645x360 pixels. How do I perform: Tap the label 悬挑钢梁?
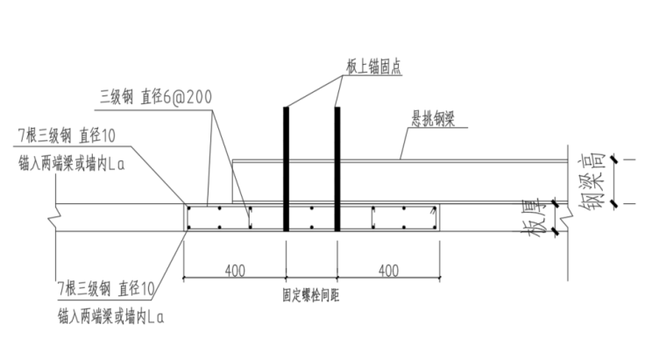[x=433, y=124]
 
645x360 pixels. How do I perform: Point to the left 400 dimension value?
[x=233, y=271]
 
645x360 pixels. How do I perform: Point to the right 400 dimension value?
[x=388, y=271]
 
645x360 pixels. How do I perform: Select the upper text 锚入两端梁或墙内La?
[x=73, y=163]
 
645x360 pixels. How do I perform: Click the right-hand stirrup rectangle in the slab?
[x=404, y=219]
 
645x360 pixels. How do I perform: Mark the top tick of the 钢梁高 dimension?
[x=617, y=159]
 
